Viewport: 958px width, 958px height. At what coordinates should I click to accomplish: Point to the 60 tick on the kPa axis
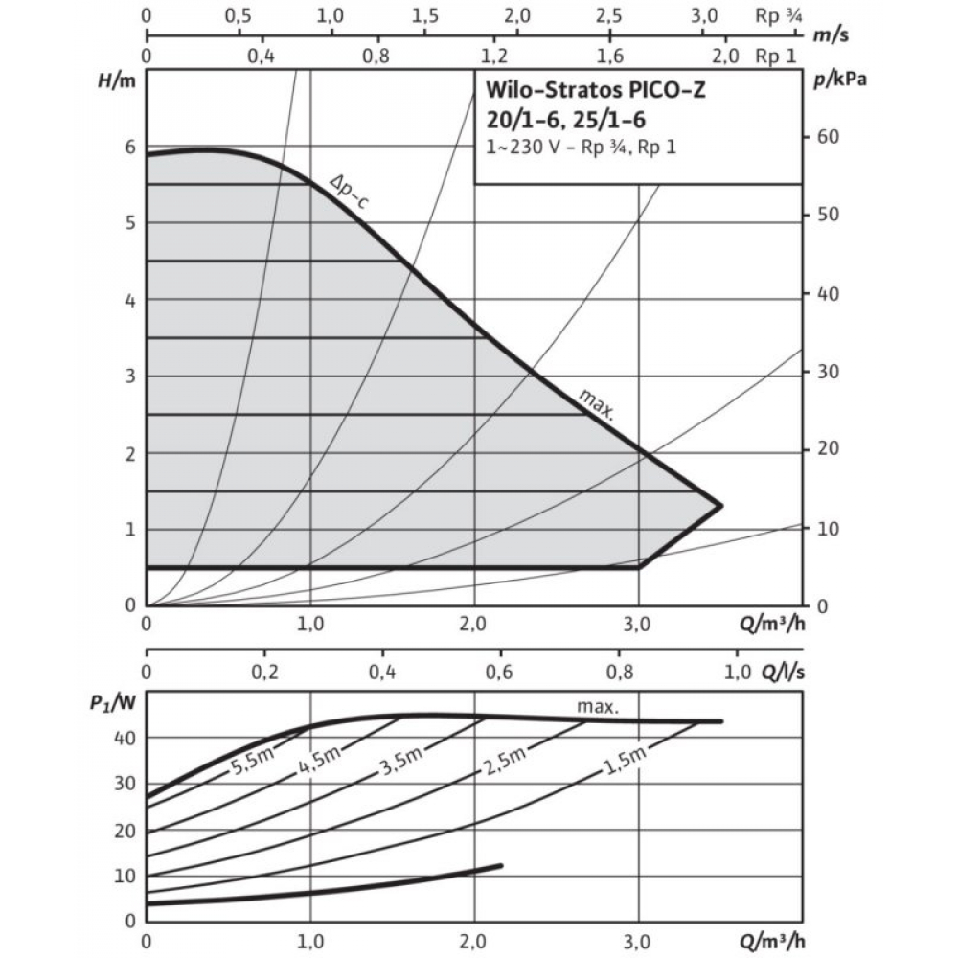click(827, 137)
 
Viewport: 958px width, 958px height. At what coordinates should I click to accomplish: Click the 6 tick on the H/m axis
click(129, 147)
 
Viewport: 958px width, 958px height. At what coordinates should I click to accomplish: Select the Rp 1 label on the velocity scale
click(776, 56)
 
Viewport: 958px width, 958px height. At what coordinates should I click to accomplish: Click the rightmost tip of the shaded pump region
click(720, 505)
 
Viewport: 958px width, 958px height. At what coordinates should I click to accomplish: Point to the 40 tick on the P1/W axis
click(125, 737)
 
